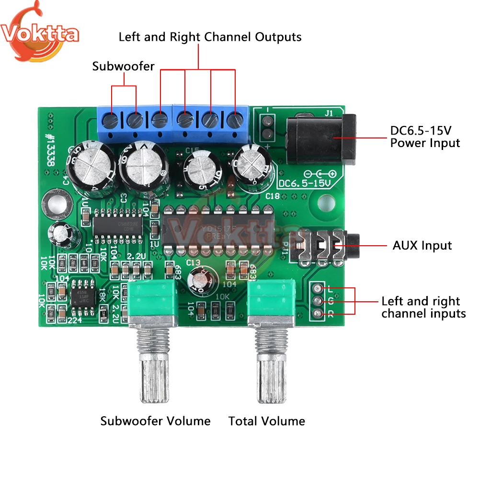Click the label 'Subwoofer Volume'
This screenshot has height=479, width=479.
(155, 421)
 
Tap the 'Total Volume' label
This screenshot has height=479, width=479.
(267, 421)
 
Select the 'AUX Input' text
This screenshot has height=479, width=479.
(422, 246)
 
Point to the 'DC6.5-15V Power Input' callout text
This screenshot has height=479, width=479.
(425, 137)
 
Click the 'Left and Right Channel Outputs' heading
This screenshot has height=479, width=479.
(210, 37)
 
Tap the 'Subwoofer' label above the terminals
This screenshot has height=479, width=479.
(123, 66)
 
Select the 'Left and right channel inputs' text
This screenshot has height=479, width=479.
(423, 308)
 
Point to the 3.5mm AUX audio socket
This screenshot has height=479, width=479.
(326, 246)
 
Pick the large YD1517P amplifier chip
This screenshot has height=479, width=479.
(218, 228)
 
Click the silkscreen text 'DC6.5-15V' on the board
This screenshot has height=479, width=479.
(301, 183)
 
